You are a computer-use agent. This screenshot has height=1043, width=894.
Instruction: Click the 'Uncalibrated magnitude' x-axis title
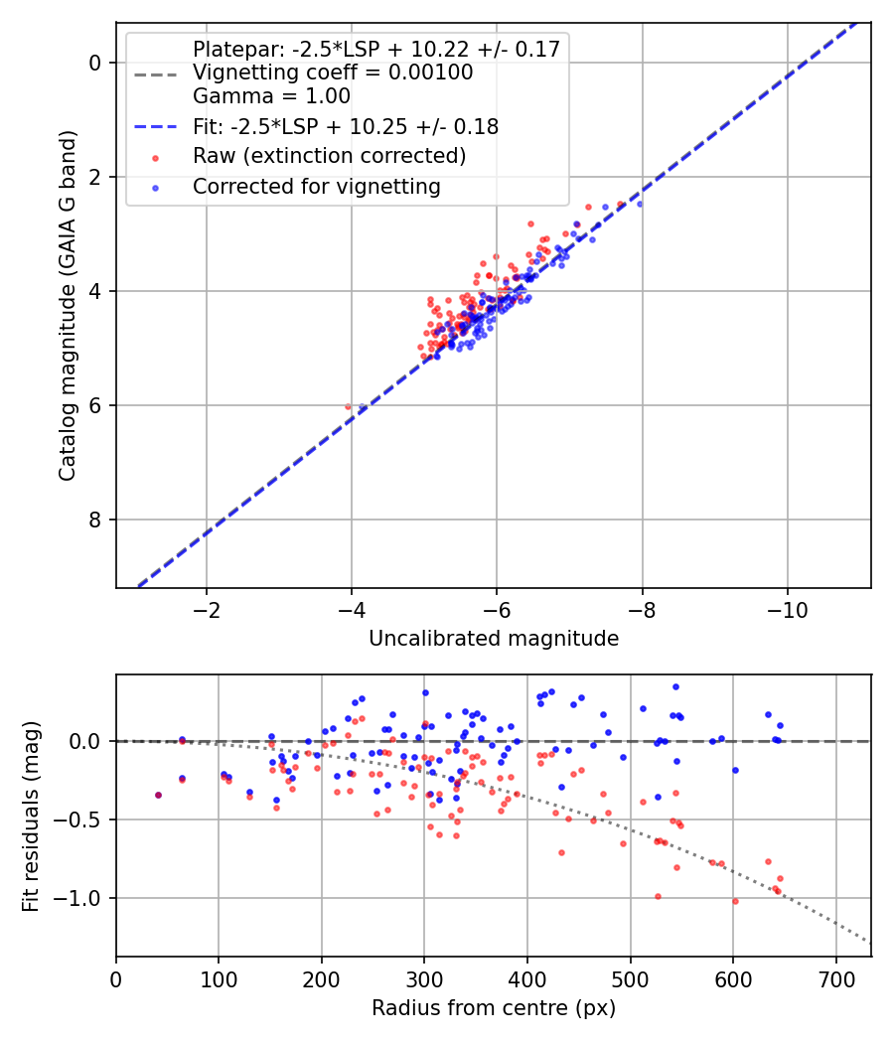click(494, 639)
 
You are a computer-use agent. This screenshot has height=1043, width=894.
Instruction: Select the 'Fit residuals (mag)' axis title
click(31, 815)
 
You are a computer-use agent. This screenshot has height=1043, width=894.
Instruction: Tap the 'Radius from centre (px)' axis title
click(494, 1008)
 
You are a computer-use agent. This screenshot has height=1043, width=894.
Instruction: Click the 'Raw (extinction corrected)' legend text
click(329, 156)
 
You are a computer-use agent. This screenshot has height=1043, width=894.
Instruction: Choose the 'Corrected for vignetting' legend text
click(316, 186)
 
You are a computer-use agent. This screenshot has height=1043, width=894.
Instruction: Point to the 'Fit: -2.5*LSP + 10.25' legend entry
click(345, 126)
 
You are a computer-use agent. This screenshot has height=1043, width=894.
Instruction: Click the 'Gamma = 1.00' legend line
click(271, 96)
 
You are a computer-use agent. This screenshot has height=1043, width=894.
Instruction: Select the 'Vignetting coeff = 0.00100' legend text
click(333, 73)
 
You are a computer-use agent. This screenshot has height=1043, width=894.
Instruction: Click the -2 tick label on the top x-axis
click(207, 609)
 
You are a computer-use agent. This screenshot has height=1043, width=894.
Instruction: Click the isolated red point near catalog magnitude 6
click(348, 406)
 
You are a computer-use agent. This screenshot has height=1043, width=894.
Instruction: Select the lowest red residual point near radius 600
click(735, 901)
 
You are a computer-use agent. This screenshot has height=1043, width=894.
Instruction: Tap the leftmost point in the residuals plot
click(158, 795)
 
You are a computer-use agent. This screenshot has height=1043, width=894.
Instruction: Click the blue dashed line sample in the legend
click(155, 126)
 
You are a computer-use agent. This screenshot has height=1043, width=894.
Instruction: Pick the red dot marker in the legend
click(155, 157)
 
